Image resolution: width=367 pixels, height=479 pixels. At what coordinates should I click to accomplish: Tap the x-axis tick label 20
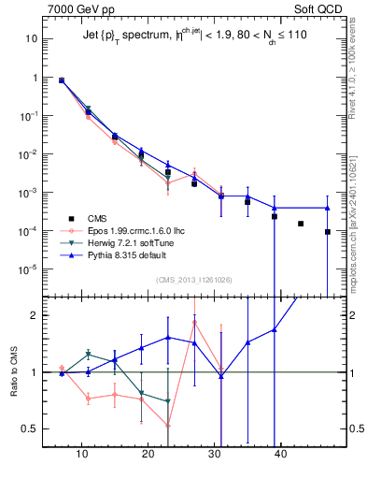(148, 454)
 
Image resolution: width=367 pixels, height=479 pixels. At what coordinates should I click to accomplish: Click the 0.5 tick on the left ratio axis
(30, 428)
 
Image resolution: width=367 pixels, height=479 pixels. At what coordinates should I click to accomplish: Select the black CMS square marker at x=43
(301, 224)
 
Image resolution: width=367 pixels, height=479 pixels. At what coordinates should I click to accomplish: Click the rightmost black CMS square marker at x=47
(328, 232)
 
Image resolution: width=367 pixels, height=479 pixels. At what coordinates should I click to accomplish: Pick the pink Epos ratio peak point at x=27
(194, 323)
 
